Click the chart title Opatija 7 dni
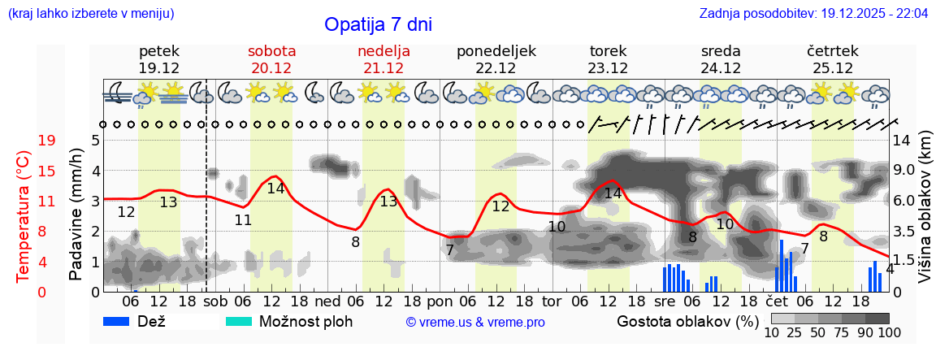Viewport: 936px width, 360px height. click(x=378, y=24)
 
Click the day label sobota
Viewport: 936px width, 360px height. click(x=271, y=51)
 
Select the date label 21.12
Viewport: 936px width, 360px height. click(x=383, y=68)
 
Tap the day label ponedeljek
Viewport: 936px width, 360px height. click(x=496, y=51)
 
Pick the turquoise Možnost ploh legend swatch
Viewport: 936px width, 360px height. click(x=239, y=321)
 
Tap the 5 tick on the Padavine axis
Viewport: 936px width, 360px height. click(x=95, y=141)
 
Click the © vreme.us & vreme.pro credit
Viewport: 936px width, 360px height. click(x=475, y=322)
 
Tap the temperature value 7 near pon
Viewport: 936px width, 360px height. click(x=449, y=250)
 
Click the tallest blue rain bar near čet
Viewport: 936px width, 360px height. click(x=782, y=265)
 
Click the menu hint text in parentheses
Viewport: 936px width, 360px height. click(x=90, y=13)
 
